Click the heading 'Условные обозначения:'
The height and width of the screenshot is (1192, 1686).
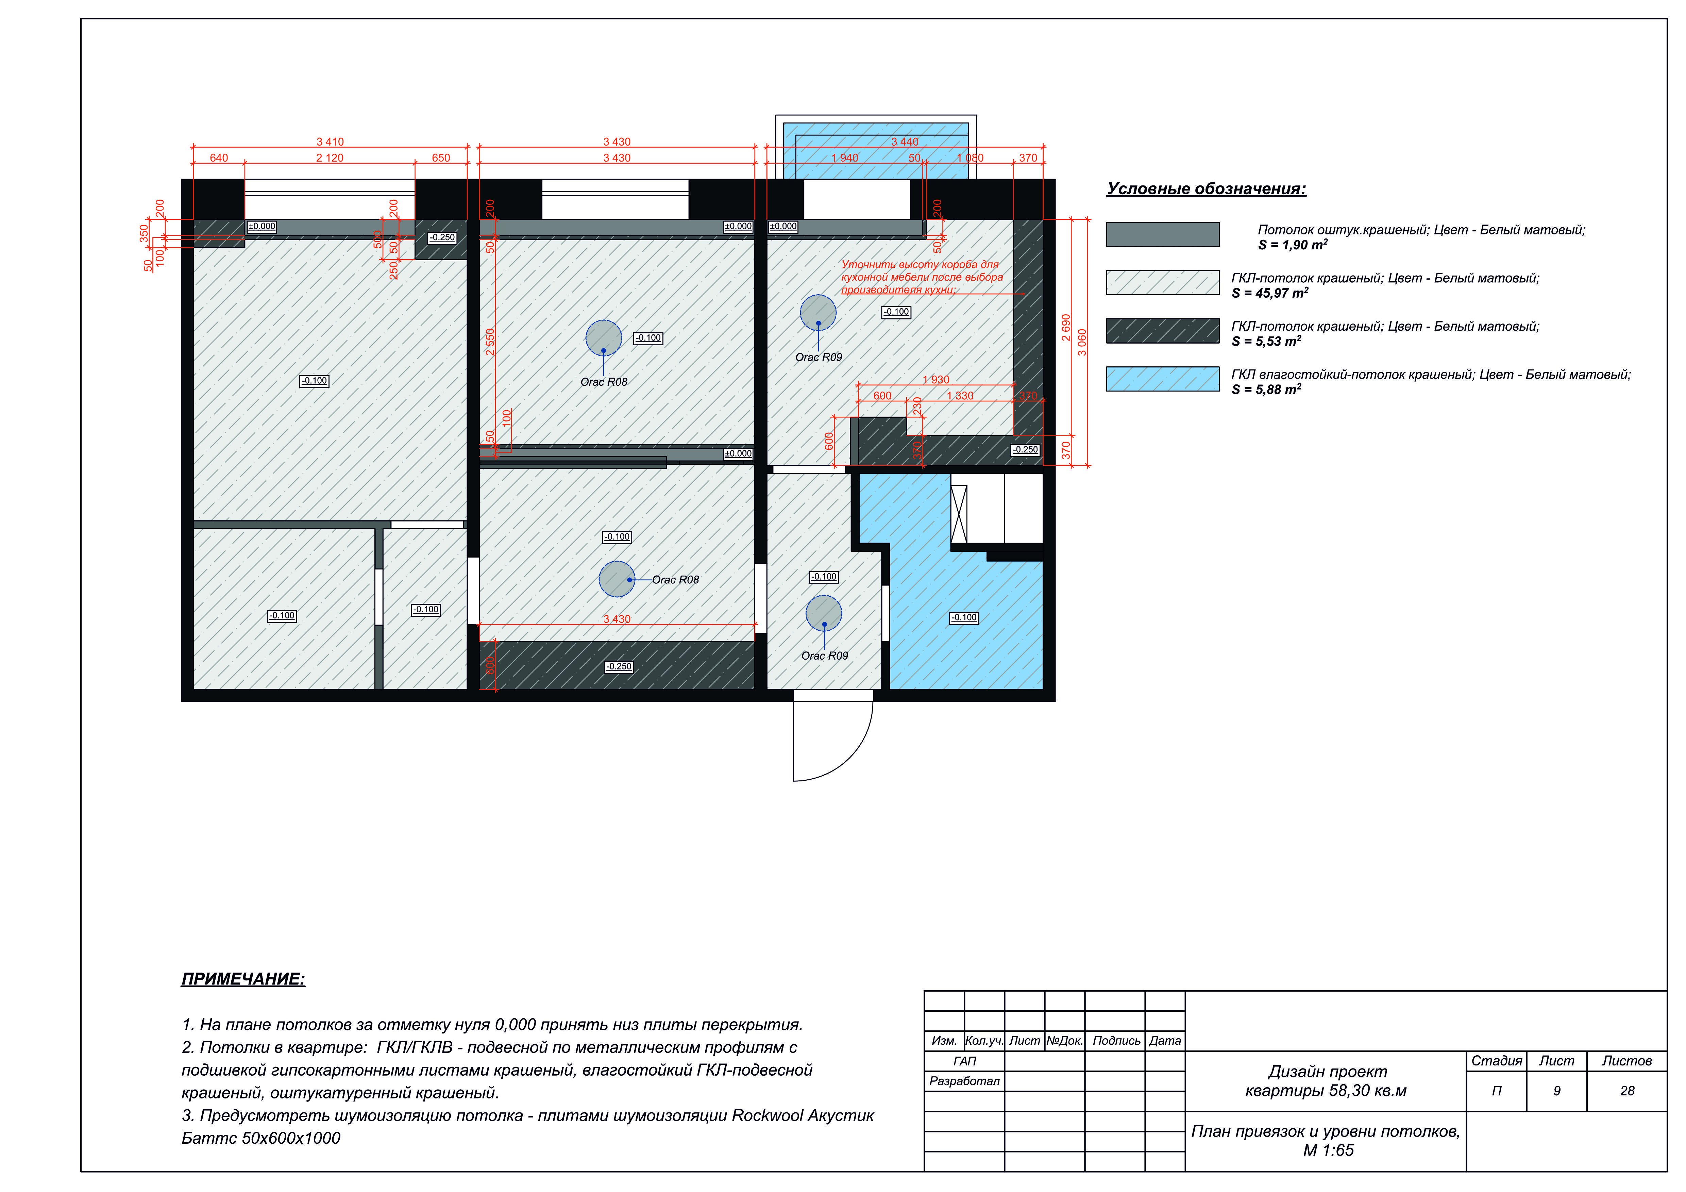coord(1207,189)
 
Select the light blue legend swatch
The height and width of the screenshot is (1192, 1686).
coord(1162,379)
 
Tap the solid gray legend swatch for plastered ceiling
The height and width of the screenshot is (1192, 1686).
coord(1162,234)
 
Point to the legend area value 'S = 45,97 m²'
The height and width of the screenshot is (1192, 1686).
coord(1270,293)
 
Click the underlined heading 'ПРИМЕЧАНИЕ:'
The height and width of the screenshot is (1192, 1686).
coord(243,979)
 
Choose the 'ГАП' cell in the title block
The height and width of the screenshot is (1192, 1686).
coord(964,1061)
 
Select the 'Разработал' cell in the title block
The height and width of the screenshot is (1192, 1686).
coord(964,1081)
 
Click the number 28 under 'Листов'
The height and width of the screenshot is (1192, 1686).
coord(1627,1091)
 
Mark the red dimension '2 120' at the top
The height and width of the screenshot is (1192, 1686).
coord(330,158)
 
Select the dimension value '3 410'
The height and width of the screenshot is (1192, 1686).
coord(330,142)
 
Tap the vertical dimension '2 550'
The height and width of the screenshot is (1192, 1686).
coord(490,342)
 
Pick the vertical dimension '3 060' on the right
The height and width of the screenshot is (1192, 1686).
coord(1082,342)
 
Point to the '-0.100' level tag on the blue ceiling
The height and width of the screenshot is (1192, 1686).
coord(964,618)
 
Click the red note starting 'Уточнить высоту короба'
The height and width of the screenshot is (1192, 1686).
coord(922,277)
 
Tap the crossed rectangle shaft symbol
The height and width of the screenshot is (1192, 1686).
coord(959,514)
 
